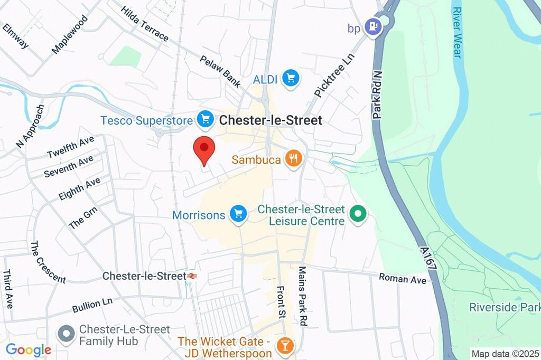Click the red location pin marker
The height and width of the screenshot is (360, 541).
click(x=204, y=148)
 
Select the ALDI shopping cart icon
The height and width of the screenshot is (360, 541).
click(x=290, y=79)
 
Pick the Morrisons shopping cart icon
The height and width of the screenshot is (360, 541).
click(x=239, y=214)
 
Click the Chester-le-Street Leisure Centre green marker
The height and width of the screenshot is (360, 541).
click(x=359, y=215)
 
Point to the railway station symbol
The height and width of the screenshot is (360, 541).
click(x=192, y=276)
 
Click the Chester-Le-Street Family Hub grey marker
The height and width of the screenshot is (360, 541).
click(x=66, y=334)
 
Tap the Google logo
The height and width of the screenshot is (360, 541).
click(x=29, y=349)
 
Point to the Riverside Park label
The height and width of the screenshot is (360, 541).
click(x=504, y=307)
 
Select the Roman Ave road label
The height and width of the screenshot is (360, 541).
click(x=403, y=278)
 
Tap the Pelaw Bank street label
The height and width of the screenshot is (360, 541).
click(x=220, y=70)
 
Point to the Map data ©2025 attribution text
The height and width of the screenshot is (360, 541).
click(x=505, y=354)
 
